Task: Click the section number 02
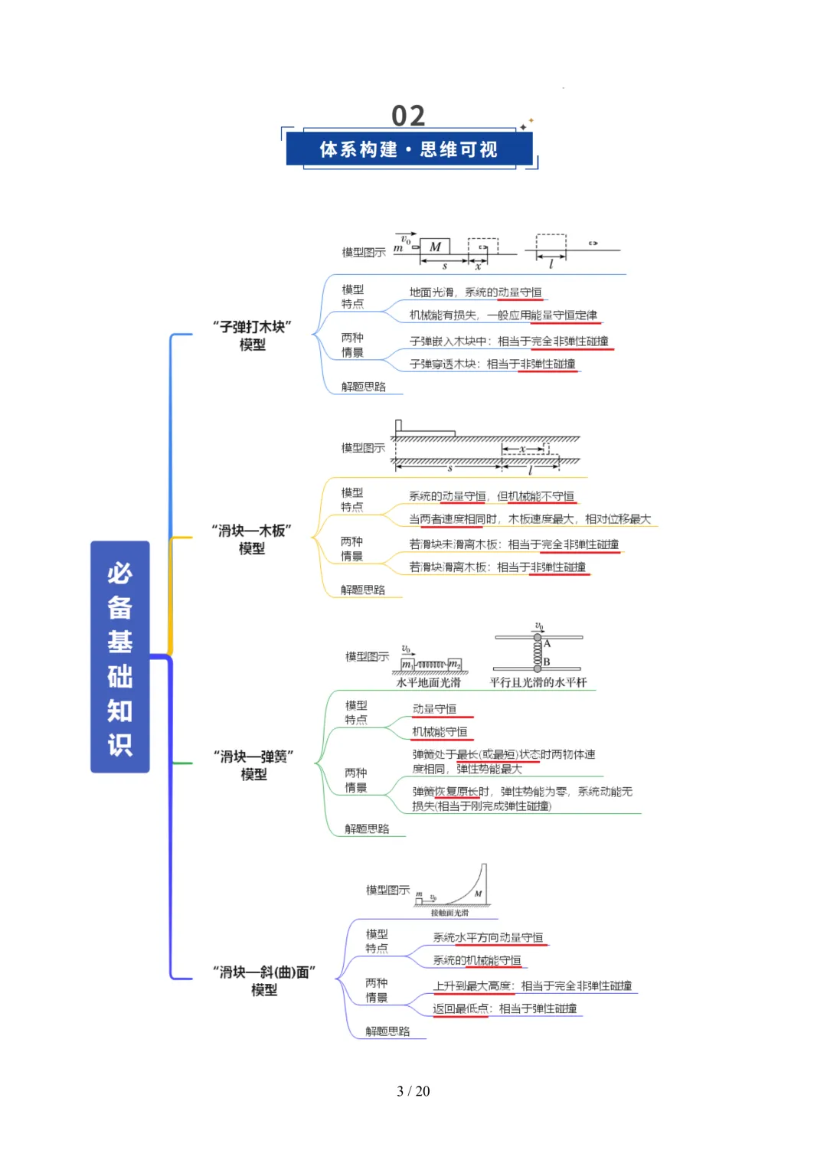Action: coord(408,116)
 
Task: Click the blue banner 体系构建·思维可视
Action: coord(409,149)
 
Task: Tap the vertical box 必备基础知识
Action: coord(120,657)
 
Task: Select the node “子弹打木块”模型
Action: coord(253,335)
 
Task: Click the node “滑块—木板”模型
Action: coord(252,539)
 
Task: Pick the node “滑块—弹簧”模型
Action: coord(253,765)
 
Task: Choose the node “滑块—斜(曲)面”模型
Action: coord(264,980)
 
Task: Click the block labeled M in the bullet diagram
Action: coord(435,247)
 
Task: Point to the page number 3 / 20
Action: coord(413,1090)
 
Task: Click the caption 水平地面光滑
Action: coord(429,682)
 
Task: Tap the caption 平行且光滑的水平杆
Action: coord(538,682)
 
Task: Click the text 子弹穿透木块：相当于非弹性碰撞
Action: coord(492,364)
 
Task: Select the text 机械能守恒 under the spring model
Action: coord(440,731)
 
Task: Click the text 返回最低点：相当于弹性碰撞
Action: coord(505,1008)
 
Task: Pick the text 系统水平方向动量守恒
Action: coord(488,937)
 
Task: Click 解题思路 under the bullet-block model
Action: coord(364,387)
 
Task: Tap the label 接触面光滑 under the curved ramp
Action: coord(449,913)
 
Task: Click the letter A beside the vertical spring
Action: coord(547,643)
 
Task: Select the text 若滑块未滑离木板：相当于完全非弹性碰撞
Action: coord(514,544)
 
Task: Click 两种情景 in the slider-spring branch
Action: coord(356,779)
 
